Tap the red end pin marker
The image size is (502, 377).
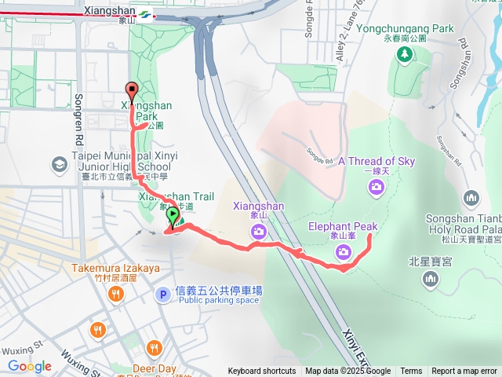tap(131, 89)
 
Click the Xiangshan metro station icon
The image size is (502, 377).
tap(147, 14)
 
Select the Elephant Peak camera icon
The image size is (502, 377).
tap(343, 251)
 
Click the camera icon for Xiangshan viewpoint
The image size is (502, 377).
tap(258, 231)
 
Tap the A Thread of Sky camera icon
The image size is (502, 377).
tap(376, 186)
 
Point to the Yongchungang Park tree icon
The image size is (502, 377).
tap(405, 54)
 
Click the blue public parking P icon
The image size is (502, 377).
tap(162, 295)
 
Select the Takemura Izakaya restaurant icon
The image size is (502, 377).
tap(116, 295)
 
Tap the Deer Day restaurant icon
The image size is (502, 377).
tap(154, 348)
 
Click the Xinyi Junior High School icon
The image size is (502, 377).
tap(59, 165)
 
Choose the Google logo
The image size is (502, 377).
tap(30, 366)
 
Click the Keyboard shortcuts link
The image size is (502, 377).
tap(262, 372)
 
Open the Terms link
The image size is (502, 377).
tap(411, 372)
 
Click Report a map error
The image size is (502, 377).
tap(464, 372)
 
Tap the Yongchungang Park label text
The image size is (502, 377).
tap(405, 28)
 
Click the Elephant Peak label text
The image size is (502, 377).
tap(343, 227)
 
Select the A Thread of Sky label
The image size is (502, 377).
tap(376, 162)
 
